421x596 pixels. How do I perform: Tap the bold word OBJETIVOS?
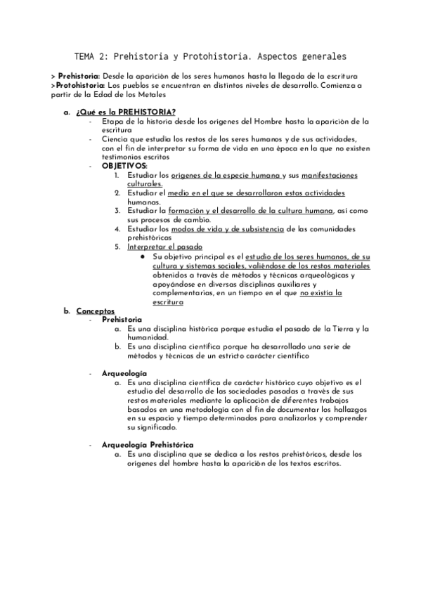[x=124, y=166]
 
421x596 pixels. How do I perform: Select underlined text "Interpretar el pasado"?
[x=165, y=247]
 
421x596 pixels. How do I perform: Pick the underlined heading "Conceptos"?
[x=95, y=310]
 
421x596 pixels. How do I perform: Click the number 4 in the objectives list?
[x=117, y=228]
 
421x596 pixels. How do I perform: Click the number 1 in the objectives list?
[x=117, y=174]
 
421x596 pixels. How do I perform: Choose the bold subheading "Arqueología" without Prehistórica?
[x=124, y=372]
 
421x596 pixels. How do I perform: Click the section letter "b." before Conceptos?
[x=67, y=310]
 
